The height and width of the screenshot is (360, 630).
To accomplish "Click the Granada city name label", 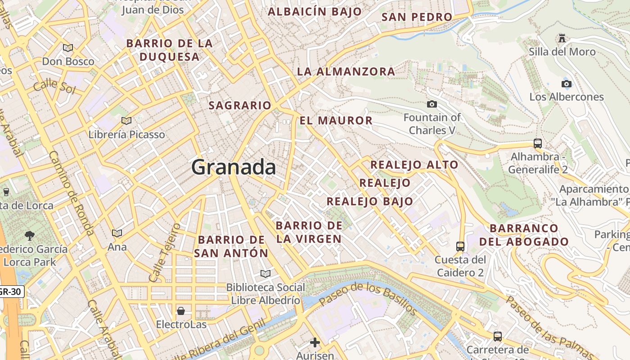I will pyautogui.click(x=234, y=167).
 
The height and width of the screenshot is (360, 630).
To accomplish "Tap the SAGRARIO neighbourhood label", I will pyautogui.click(x=240, y=105).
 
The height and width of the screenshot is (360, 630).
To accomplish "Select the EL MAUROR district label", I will pyautogui.click(x=336, y=121).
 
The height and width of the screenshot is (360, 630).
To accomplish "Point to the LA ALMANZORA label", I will pyautogui.click(x=346, y=72).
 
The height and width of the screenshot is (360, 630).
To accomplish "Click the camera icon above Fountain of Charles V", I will pyautogui.click(x=432, y=104).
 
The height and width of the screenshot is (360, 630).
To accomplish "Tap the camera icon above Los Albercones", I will pyautogui.click(x=567, y=84).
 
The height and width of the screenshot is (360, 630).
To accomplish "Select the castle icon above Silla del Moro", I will pyautogui.click(x=562, y=38).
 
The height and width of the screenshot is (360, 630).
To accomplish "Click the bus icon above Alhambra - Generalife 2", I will pyautogui.click(x=538, y=144).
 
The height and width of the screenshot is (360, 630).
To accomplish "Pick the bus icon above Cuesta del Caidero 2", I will pyautogui.click(x=460, y=246).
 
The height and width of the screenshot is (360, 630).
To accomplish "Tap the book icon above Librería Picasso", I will pyautogui.click(x=126, y=121).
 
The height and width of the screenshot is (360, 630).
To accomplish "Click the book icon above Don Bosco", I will pyautogui.click(x=68, y=48).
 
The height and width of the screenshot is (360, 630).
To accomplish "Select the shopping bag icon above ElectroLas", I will pyautogui.click(x=181, y=311).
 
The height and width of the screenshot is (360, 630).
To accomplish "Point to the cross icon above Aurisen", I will pyautogui.click(x=315, y=342).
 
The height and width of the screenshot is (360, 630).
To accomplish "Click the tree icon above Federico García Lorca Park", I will pyautogui.click(x=30, y=235).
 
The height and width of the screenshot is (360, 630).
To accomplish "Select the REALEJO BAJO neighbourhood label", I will pyautogui.click(x=369, y=201).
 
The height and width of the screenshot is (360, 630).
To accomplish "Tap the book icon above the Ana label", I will pyautogui.click(x=117, y=233).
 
